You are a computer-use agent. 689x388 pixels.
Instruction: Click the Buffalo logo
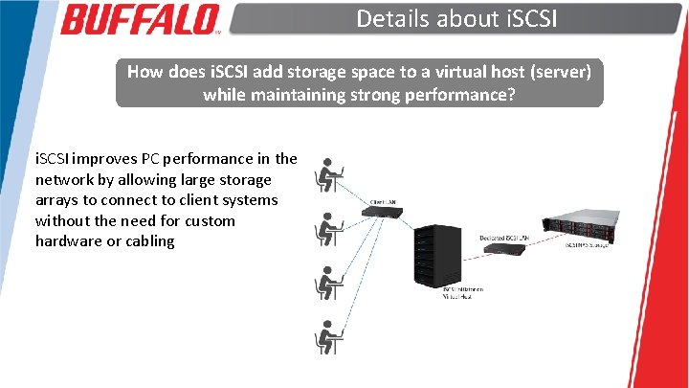coord(141,18)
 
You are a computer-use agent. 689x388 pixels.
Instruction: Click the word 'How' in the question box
coord(144,72)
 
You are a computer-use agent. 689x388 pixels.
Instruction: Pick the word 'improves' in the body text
coord(106,158)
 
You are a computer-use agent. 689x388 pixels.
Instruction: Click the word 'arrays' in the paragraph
coord(61,199)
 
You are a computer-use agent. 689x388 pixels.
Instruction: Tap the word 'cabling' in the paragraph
coord(148,240)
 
